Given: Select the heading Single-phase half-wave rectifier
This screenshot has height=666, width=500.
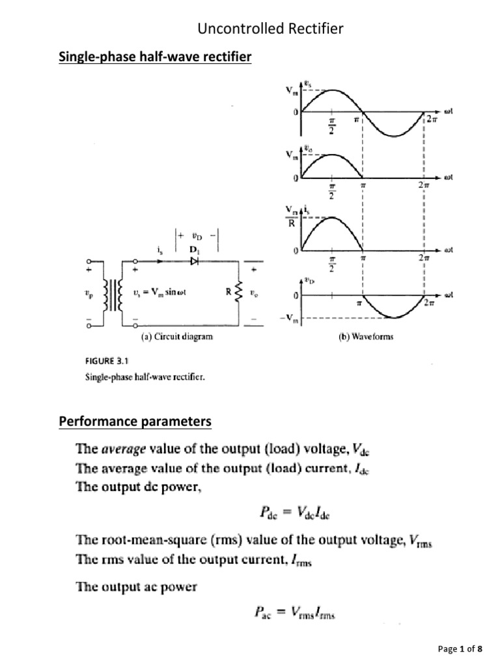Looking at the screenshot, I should (x=155, y=58).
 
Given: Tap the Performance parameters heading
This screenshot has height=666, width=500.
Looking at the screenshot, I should (x=135, y=421).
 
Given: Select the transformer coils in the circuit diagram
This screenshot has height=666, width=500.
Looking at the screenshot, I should (x=117, y=294).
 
